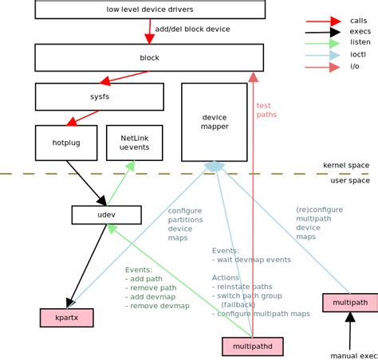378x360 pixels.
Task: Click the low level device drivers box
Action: [149, 10]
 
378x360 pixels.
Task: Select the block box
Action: [149, 57]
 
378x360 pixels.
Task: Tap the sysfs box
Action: [99, 96]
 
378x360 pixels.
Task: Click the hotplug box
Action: [66, 143]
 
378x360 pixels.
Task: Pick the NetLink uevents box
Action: [134, 143]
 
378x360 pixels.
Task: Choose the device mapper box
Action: [214, 122]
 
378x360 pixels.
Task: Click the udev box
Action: [106, 215]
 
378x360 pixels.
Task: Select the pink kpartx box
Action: [66, 318]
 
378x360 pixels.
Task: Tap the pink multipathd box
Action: [252, 346]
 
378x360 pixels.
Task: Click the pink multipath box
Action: [349, 303]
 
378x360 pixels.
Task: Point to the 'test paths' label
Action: [267, 110]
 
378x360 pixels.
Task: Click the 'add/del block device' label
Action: [192, 29]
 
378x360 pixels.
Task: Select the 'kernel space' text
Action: [345, 165]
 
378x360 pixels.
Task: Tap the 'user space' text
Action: [349, 181]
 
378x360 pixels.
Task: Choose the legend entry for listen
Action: [360, 43]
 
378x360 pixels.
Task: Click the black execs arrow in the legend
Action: [324, 32]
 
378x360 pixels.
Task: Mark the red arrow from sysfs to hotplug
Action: [83, 118]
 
